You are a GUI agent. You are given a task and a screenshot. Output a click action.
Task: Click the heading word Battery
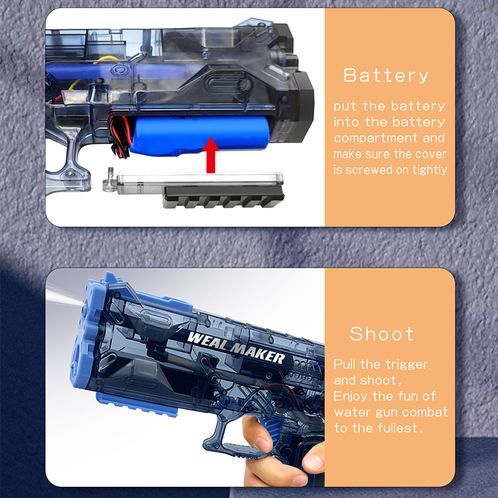point(386,75)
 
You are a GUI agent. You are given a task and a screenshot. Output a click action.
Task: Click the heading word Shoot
point(382,334)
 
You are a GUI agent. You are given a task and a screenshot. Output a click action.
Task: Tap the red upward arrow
point(211,154)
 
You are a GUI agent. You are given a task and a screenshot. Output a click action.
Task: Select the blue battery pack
point(200,134)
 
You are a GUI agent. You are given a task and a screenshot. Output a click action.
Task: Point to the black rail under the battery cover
point(223,197)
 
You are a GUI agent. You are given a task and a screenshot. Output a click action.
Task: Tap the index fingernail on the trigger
point(263,443)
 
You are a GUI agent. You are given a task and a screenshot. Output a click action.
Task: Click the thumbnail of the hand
point(313,463)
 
